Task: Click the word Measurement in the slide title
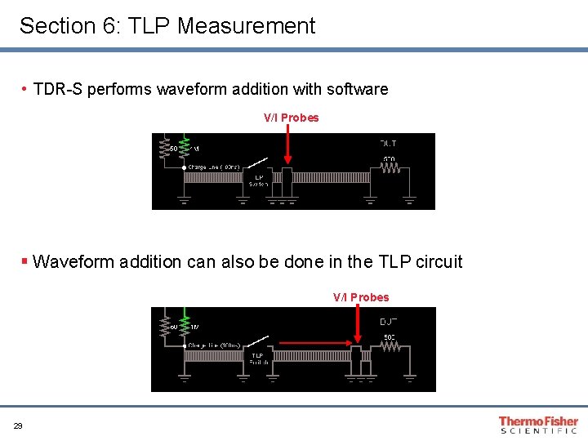pyautogui.click(x=246, y=26)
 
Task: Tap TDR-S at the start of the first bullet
pyautogui.click(x=58, y=89)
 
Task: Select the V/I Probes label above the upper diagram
pyautogui.click(x=291, y=118)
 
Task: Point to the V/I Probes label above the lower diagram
pyautogui.click(x=361, y=297)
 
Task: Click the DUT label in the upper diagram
pyautogui.click(x=389, y=144)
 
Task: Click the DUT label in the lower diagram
pyautogui.click(x=389, y=321)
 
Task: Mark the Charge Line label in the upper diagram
pyautogui.click(x=215, y=167)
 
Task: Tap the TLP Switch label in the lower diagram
pyautogui.click(x=258, y=359)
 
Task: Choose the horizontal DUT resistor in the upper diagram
pyautogui.click(x=390, y=170)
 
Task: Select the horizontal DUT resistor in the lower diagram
pyautogui.click(x=390, y=346)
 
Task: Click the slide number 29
pyautogui.click(x=18, y=425)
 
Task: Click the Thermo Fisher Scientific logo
pyautogui.click(x=538, y=425)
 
